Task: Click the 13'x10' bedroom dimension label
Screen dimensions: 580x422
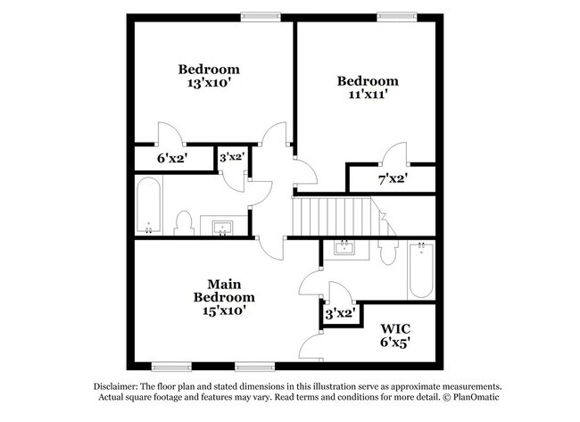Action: coord(209,82)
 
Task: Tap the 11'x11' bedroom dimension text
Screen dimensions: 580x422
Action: coord(368,95)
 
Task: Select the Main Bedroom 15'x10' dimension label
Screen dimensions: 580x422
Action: coord(224,310)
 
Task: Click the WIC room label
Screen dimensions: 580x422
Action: coord(395,328)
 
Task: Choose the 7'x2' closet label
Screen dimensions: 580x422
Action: coord(393,179)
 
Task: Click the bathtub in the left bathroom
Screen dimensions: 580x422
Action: coord(148,205)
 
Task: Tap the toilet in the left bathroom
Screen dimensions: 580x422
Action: coord(184,223)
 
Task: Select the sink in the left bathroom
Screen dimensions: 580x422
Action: coord(222,228)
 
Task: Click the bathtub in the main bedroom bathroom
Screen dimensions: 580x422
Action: coord(421,270)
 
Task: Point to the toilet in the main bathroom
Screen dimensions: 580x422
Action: coord(388,252)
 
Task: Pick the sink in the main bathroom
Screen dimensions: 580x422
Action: coord(344,247)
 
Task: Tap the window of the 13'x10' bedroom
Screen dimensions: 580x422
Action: coord(261,17)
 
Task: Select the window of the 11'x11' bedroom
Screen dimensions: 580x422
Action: coord(397,17)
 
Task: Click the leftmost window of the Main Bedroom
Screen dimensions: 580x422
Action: coord(171,367)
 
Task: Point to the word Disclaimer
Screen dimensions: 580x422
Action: coord(116,387)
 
